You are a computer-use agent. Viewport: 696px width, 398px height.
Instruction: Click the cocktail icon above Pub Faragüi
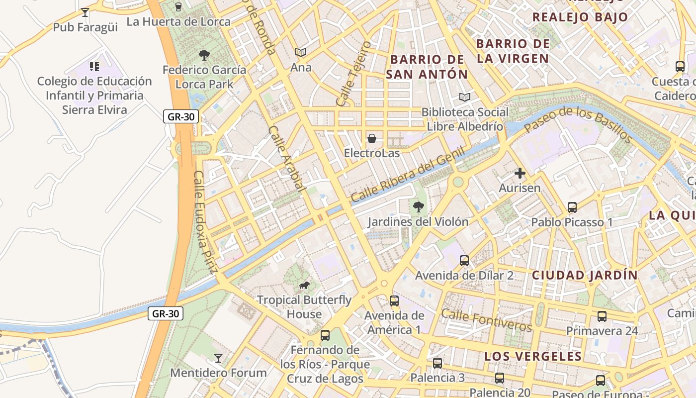85,12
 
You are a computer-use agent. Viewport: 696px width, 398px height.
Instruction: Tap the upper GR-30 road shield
181,117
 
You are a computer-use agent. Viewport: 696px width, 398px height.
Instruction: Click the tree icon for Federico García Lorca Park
204,55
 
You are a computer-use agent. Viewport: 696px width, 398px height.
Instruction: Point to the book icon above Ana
300,52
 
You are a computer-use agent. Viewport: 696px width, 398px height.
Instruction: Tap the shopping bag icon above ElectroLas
371,138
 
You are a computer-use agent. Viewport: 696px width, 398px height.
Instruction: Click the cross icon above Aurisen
520,173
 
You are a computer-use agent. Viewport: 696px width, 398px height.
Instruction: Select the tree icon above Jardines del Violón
418,206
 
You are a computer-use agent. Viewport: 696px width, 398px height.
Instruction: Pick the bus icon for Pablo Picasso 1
572,207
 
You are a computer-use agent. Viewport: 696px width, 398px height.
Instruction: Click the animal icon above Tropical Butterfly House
304,285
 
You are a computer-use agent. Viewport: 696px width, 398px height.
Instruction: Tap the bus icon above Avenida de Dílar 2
464,260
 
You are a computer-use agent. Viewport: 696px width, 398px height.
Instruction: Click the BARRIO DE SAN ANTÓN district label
427,67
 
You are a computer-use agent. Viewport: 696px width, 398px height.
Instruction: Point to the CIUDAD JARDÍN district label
585,275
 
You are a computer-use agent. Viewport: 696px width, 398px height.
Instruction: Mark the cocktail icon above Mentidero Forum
218,358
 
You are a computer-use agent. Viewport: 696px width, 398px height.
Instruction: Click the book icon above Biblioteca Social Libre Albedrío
465,97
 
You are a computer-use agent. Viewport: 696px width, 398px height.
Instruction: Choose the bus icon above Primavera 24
602,316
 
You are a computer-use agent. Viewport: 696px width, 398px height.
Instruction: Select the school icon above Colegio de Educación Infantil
94,66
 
